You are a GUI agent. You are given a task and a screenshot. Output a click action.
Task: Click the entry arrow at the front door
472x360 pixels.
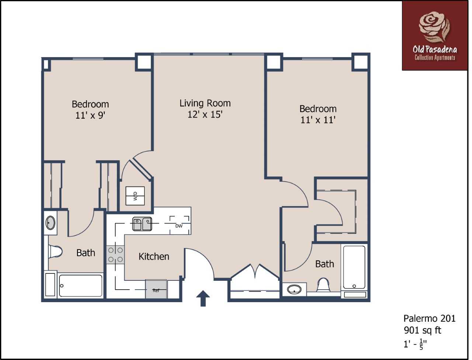pyautogui.click(x=203, y=298)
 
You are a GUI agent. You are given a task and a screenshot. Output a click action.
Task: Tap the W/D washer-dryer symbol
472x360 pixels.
pyautogui.click(x=135, y=196)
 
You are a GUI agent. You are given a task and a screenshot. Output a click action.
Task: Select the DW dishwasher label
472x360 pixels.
pyautogui.click(x=179, y=226)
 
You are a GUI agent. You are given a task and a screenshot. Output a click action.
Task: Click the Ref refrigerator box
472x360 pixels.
pyautogui.click(x=156, y=289)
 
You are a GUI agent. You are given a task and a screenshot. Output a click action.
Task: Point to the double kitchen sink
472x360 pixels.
pyautogui.click(x=142, y=224)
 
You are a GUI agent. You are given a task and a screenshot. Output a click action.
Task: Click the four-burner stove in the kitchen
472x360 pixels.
pyautogui.click(x=115, y=255)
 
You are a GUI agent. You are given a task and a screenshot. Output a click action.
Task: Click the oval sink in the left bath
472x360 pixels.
pyautogui.click(x=51, y=223)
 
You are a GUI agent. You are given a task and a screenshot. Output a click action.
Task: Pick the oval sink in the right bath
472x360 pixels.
pyautogui.click(x=294, y=289)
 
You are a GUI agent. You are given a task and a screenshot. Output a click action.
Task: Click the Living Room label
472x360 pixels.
pyautogui.click(x=205, y=103)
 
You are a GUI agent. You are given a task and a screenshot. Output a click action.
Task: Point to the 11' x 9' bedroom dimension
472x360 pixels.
pyautogui.click(x=90, y=116)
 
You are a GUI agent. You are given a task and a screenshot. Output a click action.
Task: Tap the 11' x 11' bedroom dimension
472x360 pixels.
pyautogui.click(x=318, y=120)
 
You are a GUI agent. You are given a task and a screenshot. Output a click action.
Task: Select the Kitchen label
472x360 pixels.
pyautogui.click(x=154, y=256)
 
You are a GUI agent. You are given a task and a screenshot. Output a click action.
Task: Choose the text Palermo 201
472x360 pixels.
pyautogui.click(x=430, y=318)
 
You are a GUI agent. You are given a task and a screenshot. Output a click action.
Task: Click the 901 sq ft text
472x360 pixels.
pyautogui.click(x=422, y=331)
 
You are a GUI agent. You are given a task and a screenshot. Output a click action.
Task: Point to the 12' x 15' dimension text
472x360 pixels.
pyautogui.click(x=205, y=115)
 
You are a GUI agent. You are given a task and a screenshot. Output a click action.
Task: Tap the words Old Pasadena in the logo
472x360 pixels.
pyautogui.click(x=435, y=50)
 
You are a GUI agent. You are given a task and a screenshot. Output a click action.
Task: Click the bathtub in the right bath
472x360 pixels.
pyautogui.click(x=354, y=267)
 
